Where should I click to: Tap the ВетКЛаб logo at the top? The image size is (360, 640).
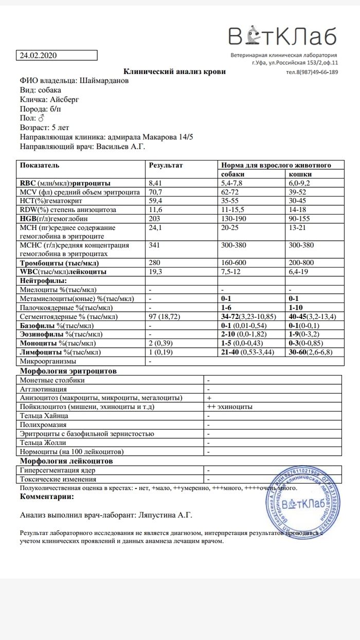tap(283, 36)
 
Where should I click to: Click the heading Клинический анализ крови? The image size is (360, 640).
tap(174, 72)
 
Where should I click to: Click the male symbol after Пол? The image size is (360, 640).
tap(42, 118)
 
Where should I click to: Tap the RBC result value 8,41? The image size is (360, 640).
tap(155, 183)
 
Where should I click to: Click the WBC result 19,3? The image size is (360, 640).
tap(155, 271)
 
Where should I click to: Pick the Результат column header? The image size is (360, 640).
tap(166, 166)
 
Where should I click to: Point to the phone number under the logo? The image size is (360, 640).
tap(312, 72)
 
